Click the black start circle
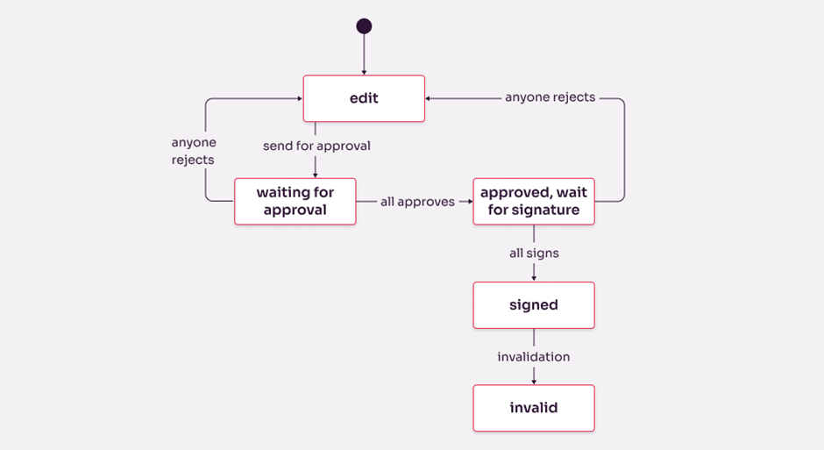point(364,26)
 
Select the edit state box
point(364,98)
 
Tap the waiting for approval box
point(295,202)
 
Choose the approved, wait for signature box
point(534,202)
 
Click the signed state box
point(534,305)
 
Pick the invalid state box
point(534,408)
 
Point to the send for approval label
point(316,146)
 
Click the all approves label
point(417,202)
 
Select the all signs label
point(534,253)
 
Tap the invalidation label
point(534,357)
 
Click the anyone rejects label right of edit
point(550,97)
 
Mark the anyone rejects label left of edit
point(194,151)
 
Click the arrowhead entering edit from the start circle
point(364,72)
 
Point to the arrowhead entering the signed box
point(534,278)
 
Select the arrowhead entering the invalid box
point(534,382)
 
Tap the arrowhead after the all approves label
point(469,202)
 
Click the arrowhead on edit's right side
point(430,98)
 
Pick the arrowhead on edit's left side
point(299,98)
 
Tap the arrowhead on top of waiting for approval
point(316,175)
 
